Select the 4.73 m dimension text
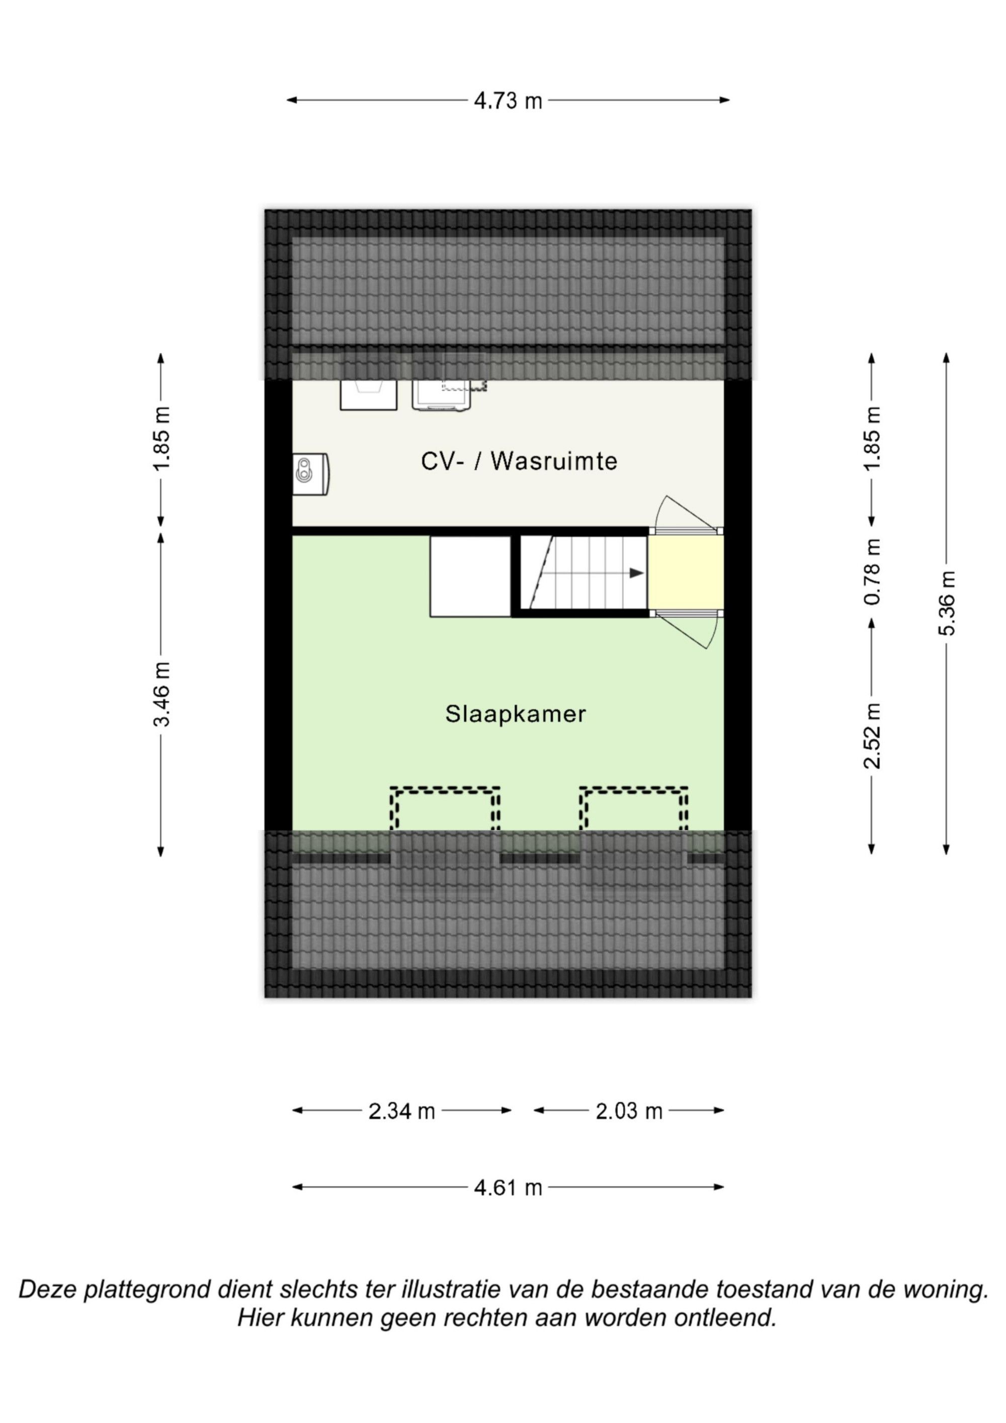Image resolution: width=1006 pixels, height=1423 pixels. click(508, 101)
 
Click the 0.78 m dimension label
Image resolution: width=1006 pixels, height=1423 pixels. click(873, 572)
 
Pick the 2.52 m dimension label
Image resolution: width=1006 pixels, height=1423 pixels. click(873, 736)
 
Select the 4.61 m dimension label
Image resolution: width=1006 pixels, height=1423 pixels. click(508, 1188)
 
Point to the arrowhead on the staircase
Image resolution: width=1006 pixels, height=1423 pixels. click(637, 573)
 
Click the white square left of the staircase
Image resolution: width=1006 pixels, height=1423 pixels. click(470, 576)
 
